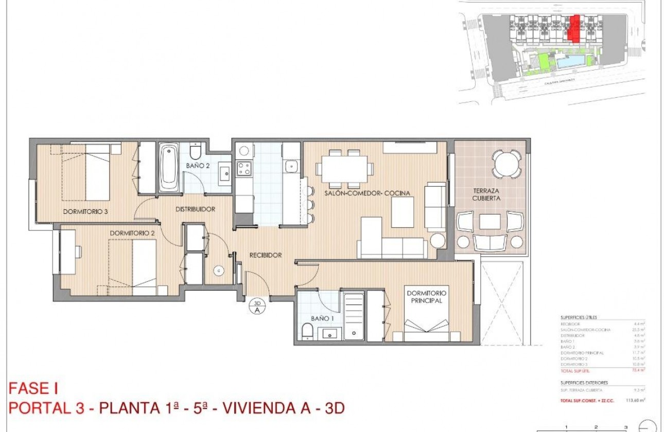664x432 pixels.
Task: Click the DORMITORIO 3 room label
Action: click(85, 211)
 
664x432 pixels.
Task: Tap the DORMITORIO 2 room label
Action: click(132, 232)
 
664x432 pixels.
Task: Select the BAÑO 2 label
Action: click(197, 166)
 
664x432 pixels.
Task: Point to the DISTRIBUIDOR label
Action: click(195, 209)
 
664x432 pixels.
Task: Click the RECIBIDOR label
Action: click(265, 255)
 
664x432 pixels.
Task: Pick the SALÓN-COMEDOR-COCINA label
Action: click(367, 193)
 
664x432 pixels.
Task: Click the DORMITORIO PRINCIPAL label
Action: click(427, 297)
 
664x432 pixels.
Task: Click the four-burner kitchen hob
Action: click(243, 168)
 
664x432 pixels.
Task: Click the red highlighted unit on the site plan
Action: click(573, 28)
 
